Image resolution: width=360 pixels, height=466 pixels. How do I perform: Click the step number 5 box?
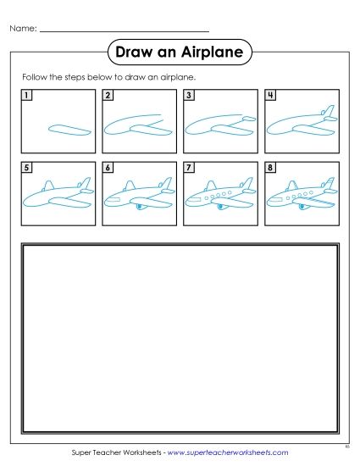point(27,169)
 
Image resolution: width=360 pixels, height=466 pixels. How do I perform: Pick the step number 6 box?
point(108,169)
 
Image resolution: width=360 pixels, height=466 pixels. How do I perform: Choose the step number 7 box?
point(189,169)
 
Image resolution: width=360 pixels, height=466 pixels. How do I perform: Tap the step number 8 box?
point(270,169)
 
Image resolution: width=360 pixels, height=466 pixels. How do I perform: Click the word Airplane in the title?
point(213,53)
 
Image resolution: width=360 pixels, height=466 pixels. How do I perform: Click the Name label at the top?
point(22,28)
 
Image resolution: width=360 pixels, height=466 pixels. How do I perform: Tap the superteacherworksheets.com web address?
point(228,453)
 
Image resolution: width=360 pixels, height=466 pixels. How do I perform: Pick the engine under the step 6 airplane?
point(138,207)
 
